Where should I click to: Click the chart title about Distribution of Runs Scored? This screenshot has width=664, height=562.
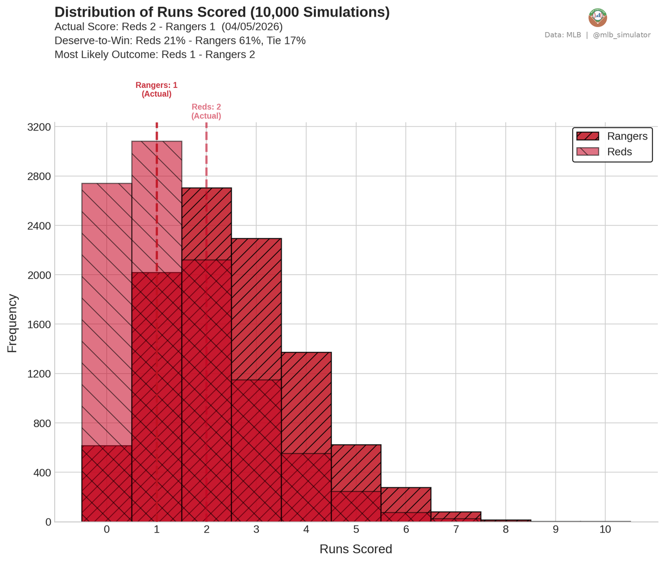click(x=222, y=12)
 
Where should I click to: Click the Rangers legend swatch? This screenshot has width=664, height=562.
click(x=587, y=137)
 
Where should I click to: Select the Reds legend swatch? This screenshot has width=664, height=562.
click(x=587, y=152)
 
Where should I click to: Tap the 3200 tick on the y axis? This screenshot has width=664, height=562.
click(x=39, y=127)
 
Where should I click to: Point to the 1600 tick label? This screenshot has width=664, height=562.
click(x=39, y=325)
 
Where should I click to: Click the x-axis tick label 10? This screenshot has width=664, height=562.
click(x=605, y=529)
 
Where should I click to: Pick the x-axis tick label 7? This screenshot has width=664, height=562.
click(x=455, y=529)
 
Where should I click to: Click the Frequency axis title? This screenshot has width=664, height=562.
click(x=12, y=324)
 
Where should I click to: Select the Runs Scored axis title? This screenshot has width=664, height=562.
click(x=356, y=549)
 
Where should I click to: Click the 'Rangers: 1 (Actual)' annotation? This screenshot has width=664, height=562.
click(x=157, y=90)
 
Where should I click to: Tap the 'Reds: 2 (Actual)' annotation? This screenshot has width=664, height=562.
click(x=206, y=112)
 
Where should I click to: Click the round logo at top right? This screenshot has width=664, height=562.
click(x=598, y=18)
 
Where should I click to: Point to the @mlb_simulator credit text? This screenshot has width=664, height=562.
click(x=621, y=35)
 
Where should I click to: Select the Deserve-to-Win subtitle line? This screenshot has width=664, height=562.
click(x=180, y=41)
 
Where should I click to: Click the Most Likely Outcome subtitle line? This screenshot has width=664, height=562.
click(x=155, y=55)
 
